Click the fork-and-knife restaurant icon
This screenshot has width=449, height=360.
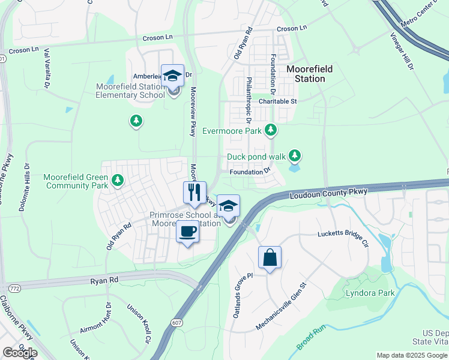tap(194, 193)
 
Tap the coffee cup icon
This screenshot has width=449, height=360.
tap(187, 232)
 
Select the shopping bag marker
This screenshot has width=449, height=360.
tap(270, 257)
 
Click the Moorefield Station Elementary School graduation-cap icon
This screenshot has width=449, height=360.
tap(172, 76)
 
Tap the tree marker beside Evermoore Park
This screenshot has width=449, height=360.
tap(271, 130)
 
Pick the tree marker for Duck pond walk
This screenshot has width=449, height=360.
tap(294, 157)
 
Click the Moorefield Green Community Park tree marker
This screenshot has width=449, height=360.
tap(118, 179)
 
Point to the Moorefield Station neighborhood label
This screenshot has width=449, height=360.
tap(309, 74)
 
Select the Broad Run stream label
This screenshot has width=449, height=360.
tap(310, 338)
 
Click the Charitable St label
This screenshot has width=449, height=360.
tap(277, 101)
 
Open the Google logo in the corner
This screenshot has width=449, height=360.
tap(20, 353)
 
